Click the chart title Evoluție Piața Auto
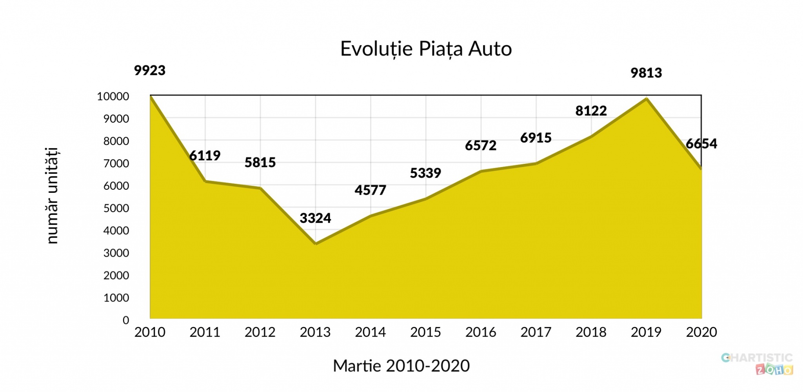[x=426, y=49]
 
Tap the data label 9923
[x=150, y=71]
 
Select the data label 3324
[x=315, y=218]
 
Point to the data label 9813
[x=646, y=73]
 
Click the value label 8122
[x=591, y=111]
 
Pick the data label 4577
[x=370, y=191]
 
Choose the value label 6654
[x=701, y=144]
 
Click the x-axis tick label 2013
[x=315, y=332]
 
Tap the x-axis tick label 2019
[x=646, y=332]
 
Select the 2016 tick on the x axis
[x=481, y=332]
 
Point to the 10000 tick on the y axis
[x=113, y=96]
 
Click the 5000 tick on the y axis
[x=116, y=208]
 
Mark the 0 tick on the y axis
[x=126, y=320]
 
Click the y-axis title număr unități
[x=52, y=196]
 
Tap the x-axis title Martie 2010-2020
[x=401, y=366]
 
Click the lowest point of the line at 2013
[x=316, y=243]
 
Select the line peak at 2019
[x=646, y=98]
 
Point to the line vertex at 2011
[x=205, y=181]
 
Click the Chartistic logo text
[x=757, y=358]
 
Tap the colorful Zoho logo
[x=774, y=369]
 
